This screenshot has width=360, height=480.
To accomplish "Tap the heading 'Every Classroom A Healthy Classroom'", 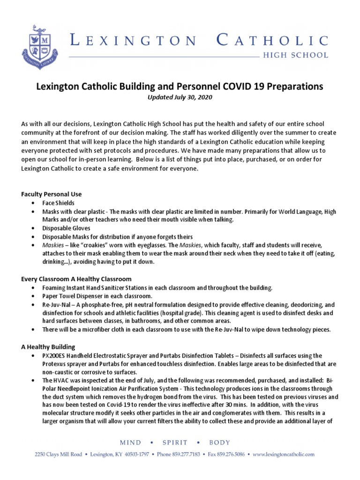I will click(76, 279).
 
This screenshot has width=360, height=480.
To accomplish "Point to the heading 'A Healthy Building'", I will click(48, 347).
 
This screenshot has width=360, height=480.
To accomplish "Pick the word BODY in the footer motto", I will click(218, 442).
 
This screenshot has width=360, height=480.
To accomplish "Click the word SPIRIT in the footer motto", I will click(175, 442).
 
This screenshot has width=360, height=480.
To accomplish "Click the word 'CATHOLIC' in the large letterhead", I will click(272, 41).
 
